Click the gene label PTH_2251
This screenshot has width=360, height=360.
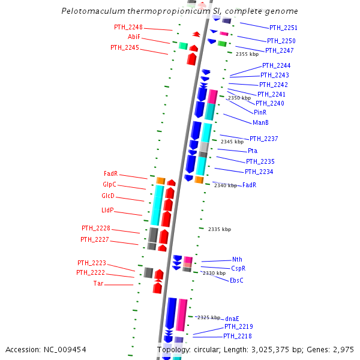click(283, 28)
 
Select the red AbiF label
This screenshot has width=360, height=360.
click(134, 37)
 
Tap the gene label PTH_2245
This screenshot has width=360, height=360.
click(125, 47)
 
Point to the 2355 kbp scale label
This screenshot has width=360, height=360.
click(247, 54)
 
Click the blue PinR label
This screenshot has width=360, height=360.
click(260, 112)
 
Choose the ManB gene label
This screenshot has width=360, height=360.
click(260, 123)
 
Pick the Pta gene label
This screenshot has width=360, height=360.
click(253, 151)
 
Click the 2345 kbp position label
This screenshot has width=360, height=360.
click(232, 142)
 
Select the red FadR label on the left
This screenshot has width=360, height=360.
click(110, 174)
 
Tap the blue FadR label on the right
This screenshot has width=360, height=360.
click(250, 185)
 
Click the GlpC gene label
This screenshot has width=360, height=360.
click(109, 185)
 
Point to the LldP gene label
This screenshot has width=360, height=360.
click(107, 210)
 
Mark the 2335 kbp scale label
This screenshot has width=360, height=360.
click(219, 229)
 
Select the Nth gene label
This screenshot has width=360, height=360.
click(237, 259)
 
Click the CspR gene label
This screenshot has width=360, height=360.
click(238, 268)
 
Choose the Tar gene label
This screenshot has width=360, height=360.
click(98, 283)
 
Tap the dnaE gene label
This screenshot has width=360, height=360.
click(232, 319)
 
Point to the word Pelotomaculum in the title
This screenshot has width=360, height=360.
click(91, 11)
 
